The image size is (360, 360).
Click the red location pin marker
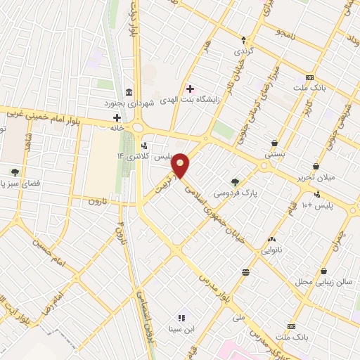tap(181, 165)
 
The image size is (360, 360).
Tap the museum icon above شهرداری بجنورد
tap(128, 93)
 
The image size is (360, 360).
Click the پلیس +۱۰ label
tap(321, 205)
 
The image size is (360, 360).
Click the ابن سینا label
tap(180, 328)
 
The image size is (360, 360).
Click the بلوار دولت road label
tap(131, 21)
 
